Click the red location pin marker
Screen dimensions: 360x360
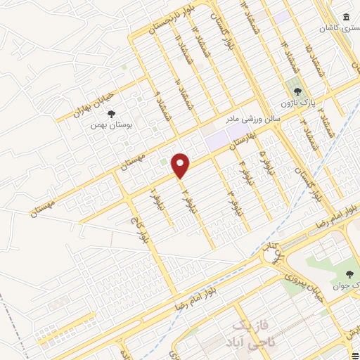click(x=181, y=165)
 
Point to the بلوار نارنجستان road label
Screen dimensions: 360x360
click(x=169, y=20)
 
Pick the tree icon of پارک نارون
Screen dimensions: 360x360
click(x=297, y=91)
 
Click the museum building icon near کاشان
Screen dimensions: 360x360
click(x=345, y=18)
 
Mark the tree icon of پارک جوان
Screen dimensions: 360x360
click(x=349, y=274)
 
